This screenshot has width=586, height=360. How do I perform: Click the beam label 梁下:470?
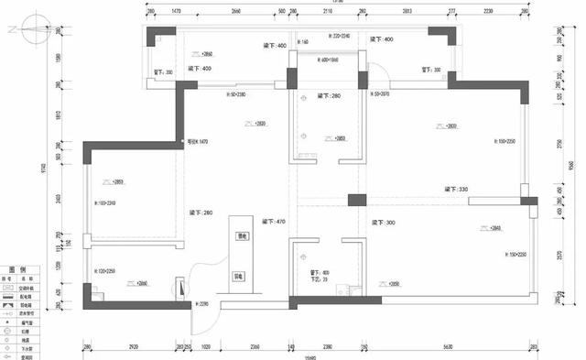274,222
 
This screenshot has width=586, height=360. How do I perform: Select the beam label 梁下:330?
457,189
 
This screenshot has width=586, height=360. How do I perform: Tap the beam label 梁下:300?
384,223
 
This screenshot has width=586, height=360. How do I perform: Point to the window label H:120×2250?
105,272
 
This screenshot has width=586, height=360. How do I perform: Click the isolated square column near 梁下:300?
355,199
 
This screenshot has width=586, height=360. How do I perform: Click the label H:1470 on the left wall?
199,142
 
